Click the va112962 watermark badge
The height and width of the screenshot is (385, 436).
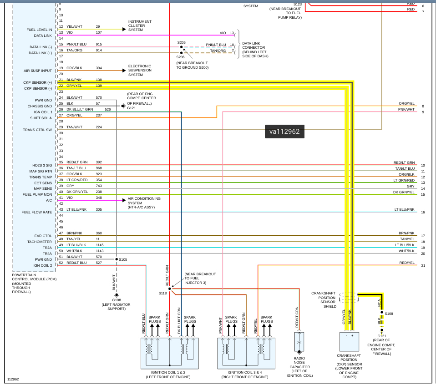(x=284, y=132)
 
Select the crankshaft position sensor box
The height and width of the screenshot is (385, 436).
(x=349, y=341)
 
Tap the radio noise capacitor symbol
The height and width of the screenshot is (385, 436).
(x=299, y=341)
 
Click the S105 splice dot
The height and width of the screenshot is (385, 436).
(x=117, y=259)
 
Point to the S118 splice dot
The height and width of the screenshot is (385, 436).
(x=170, y=289)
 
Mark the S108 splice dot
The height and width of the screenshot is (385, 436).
(x=381, y=314)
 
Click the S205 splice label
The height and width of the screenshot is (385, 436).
(x=182, y=42)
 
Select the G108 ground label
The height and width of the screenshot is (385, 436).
(x=116, y=300)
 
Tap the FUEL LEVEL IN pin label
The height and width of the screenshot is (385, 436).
(x=39, y=30)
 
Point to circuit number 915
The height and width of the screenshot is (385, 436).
(x=99, y=45)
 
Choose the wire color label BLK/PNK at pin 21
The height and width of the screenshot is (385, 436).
(x=74, y=80)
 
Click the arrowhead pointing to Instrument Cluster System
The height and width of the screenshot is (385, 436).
(x=123, y=29)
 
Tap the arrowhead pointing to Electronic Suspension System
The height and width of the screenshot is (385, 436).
(x=123, y=71)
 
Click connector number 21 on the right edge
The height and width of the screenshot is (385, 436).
(x=423, y=265)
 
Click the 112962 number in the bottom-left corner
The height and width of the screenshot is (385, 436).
(x=13, y=379)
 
